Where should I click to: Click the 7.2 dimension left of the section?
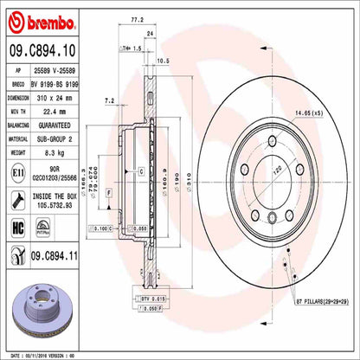[109, 101]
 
